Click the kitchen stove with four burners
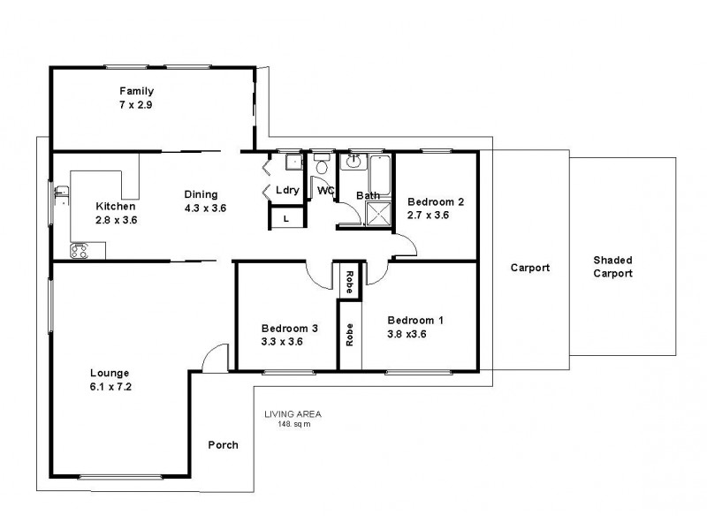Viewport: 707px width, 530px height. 80,251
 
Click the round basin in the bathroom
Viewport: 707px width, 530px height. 354,161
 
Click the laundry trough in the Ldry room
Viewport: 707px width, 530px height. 293,162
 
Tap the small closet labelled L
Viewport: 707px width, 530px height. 286,217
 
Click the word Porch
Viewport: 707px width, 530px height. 223,444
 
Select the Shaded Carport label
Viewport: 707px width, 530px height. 612,267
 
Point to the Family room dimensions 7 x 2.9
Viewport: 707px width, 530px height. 137,105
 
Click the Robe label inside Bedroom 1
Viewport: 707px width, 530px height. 350,334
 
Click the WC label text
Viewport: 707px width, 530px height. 325,190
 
